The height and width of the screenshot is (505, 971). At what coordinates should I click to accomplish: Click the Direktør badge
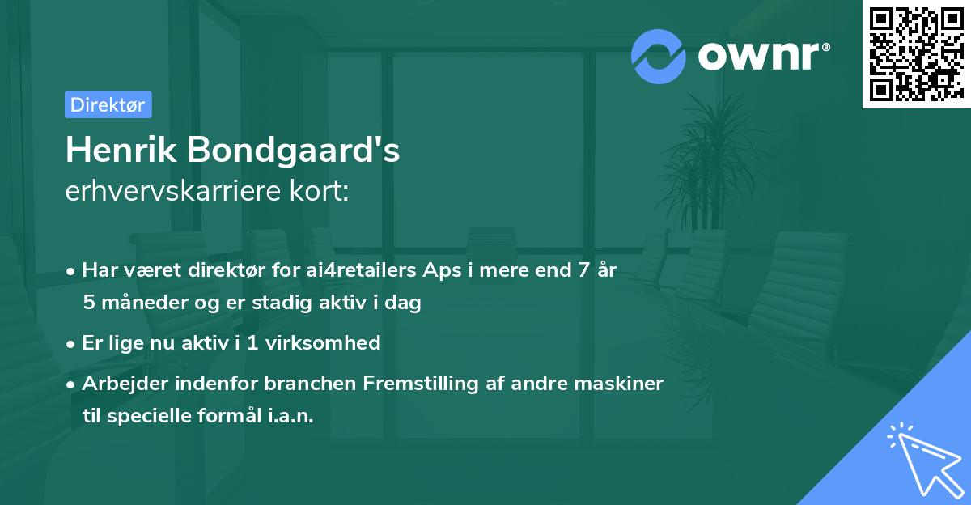pyautogui.click(x=108, y=104)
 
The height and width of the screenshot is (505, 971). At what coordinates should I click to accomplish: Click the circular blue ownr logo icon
pyautogui.click(x=658, y=57)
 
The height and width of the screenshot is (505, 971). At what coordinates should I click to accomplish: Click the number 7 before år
pyautogui.click(x=582, y=270)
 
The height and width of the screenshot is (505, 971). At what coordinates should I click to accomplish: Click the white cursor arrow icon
pyautogui.click(x=925, y=460)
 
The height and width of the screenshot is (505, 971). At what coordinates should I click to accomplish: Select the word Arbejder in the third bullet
pyautogui.click(x=121, y=383)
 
